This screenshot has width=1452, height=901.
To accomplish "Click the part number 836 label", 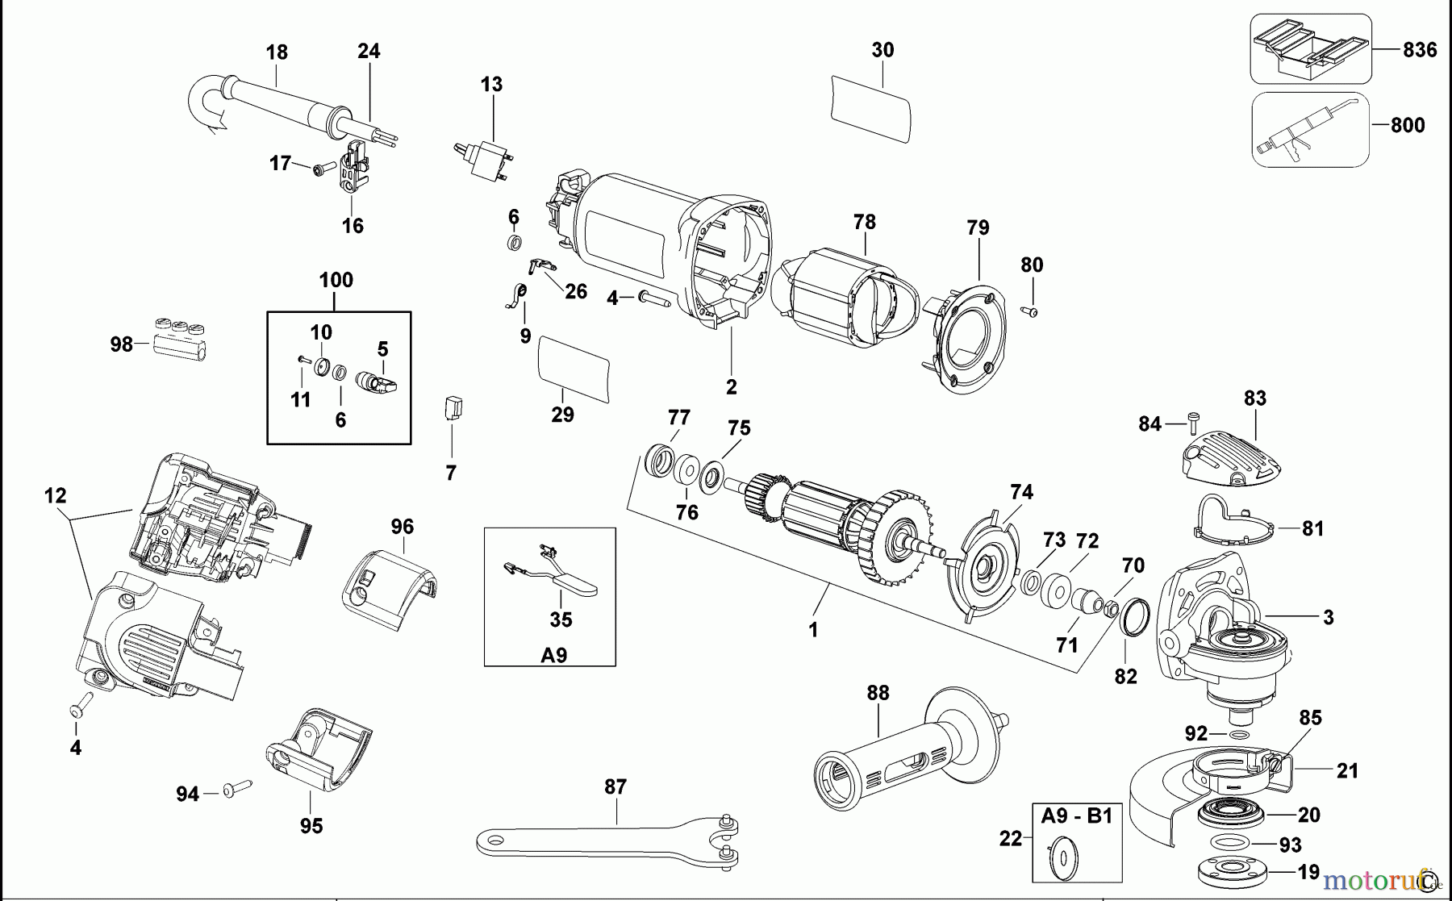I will point(1420,50).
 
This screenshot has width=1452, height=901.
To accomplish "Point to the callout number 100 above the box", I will point(336,281).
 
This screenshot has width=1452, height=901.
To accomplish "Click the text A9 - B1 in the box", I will point(1076,816).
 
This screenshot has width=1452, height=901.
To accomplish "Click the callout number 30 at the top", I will point(882,50).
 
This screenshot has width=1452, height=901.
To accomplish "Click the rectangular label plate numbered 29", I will point(573,369).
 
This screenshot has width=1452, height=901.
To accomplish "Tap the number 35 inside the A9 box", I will point(561,619).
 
